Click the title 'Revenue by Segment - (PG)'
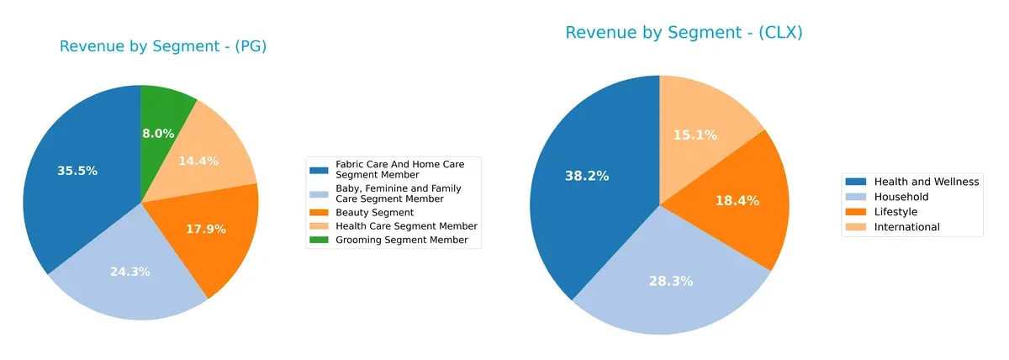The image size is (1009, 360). pyautogui.click(x=162, y=46)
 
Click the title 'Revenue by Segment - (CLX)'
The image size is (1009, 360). pyautogui.click(x=684, y=33)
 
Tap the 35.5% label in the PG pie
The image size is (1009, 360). pyautogui.click(x=77, y=171)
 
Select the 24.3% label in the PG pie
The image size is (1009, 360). pyautogui.click(x=130, y=272)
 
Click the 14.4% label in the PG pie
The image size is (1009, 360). pyautogui.click(x=198, y=161)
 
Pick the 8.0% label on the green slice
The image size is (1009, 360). pyautogui.click(x=158, y=134)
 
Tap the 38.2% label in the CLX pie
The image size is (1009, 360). pyautogui.click(x=587, y=176)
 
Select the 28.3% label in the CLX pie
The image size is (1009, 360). pyautogui.click(x=670, y=281)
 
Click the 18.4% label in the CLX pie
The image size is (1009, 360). pyautogui.click(x=737, y=201)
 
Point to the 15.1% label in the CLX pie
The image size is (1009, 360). pyautogui.click(x=695, y=135)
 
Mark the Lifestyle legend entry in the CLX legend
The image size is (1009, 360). pyautogui.click(x=895, y=212)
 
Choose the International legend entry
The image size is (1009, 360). pyautogui.click(x=906, y=227)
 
